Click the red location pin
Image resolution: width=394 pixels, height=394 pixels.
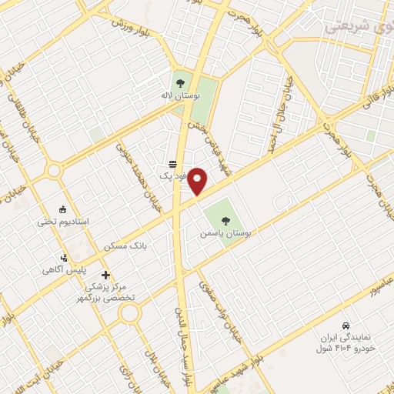198,181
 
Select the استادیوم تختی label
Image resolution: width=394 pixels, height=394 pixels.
64,222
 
